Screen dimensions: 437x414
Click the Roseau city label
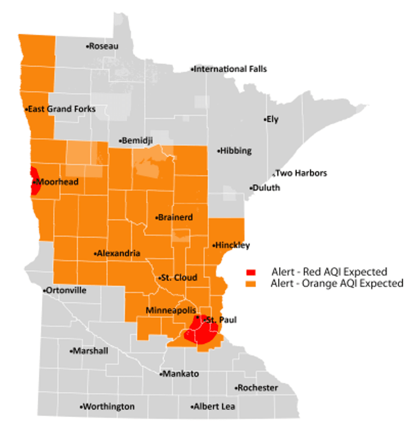(103, 46)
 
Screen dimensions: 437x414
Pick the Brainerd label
(174, 217)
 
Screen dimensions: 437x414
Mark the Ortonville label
(65, 291)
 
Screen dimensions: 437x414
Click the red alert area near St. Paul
(203, 332)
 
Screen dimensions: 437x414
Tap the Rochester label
(256, 388)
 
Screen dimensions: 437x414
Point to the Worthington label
(108, 407)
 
